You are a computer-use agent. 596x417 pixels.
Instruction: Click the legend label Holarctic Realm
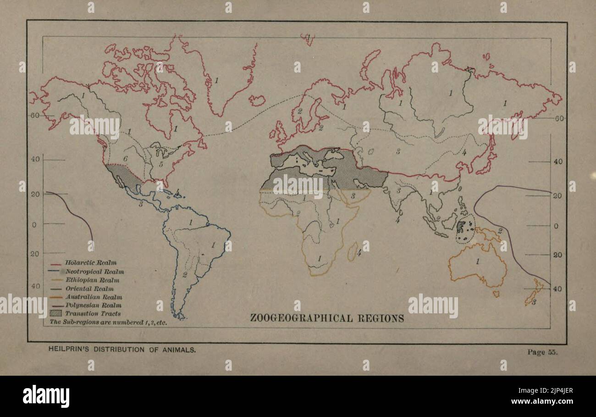[90, 263]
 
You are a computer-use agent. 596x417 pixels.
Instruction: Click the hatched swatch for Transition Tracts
[56, 313]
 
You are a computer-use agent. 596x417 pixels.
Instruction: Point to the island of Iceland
[257, 100]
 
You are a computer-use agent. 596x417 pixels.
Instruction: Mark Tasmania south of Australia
[496, 293]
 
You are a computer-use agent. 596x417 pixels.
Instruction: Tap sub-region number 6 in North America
[125, 158]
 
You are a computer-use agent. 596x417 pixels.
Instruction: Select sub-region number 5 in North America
[161, 164]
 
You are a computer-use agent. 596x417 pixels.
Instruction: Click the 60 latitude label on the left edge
[35, 115]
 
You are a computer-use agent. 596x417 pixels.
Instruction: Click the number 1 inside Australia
[477, 261]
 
